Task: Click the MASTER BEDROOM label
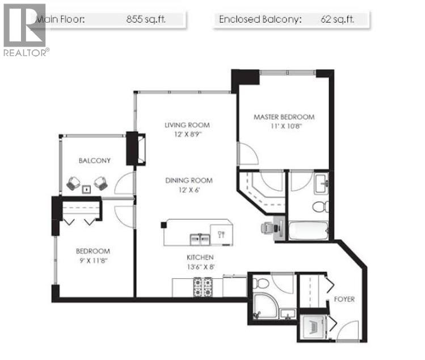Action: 283,117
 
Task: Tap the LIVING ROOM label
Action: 187,125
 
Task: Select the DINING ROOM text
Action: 188,181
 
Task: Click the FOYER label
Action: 344,299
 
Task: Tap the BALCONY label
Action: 95,161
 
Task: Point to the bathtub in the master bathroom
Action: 309,231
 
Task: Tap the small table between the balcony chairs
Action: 87,189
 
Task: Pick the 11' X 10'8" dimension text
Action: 283,127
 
